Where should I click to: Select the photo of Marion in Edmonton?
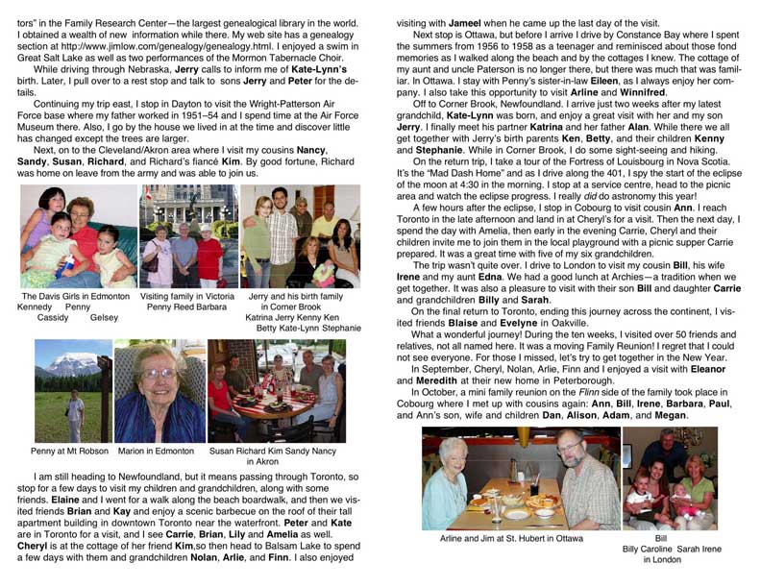pyautogui.click(x=158, y=391)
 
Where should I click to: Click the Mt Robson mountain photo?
pyautogui.click(x=73, y=391)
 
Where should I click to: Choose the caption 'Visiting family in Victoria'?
pyautogui.click(x=186, y=296)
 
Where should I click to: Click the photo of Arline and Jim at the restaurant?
pyautogui.click(x=519, y=478)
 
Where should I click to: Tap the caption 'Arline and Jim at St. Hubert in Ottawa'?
pyautogui.click(x=520, y=540)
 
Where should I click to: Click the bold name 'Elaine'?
pyautogui.click(x=55, y=501)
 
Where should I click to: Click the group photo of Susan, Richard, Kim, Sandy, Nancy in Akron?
pyautogui.click(x=277, y=391)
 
